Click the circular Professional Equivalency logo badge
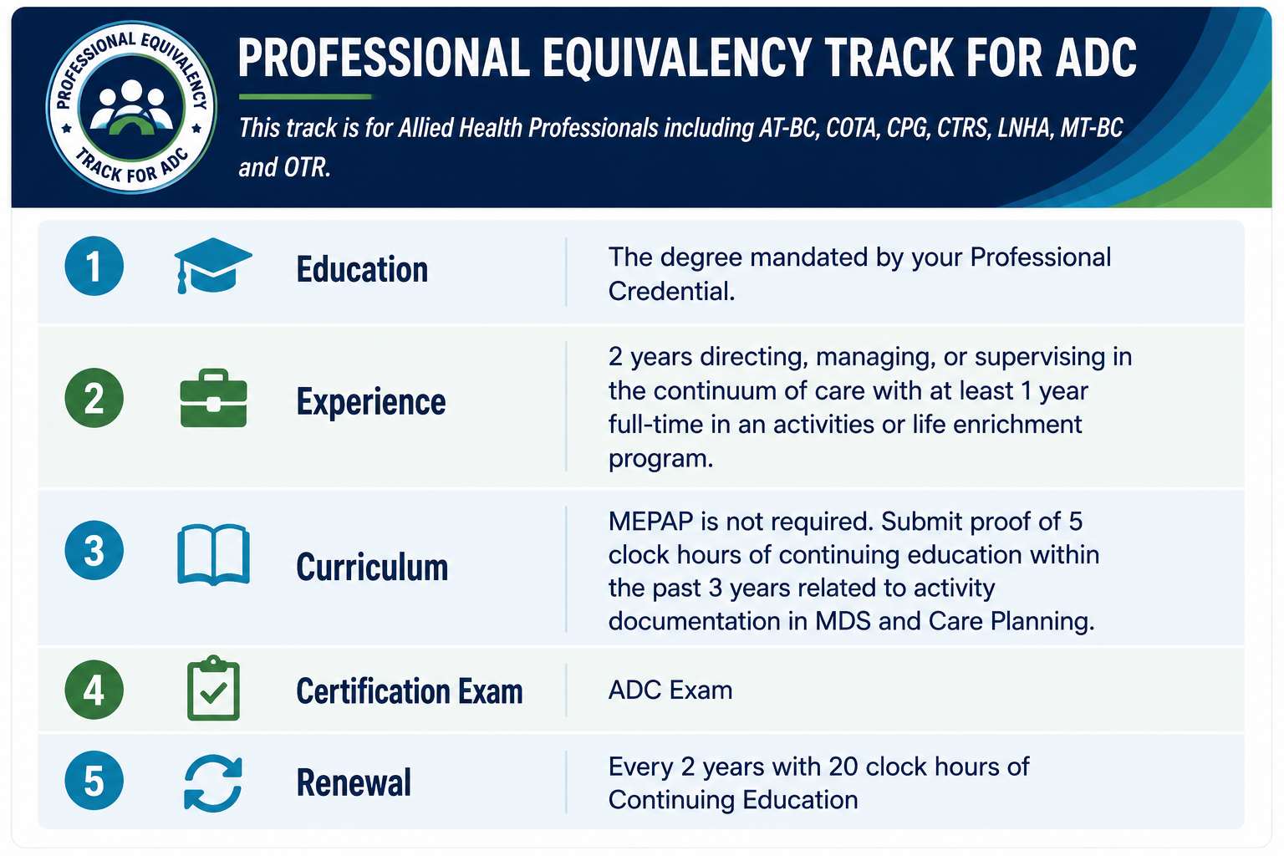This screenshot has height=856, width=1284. (131, 107)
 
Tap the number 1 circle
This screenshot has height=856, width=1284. (94, 266)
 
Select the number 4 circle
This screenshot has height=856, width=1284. (94, 690)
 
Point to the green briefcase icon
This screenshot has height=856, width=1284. (213, 398)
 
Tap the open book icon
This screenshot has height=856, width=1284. (213, 554)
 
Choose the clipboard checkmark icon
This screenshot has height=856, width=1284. (213, 688)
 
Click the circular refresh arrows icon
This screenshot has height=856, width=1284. (213, 783)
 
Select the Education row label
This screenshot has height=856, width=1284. (362, 269)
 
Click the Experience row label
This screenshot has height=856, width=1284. (371, 401)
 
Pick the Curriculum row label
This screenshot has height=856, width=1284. (372, 567)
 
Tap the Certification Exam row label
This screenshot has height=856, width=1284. (410, 690)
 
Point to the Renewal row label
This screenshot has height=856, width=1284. (354, 782)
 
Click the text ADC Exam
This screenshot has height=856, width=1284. (670, 690)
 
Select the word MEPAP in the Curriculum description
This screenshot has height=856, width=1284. (650, 521)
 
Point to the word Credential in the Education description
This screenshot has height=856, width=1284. (671, 291)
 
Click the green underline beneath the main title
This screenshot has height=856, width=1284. (305, 97)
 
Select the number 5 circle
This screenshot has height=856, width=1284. (94, 780)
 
